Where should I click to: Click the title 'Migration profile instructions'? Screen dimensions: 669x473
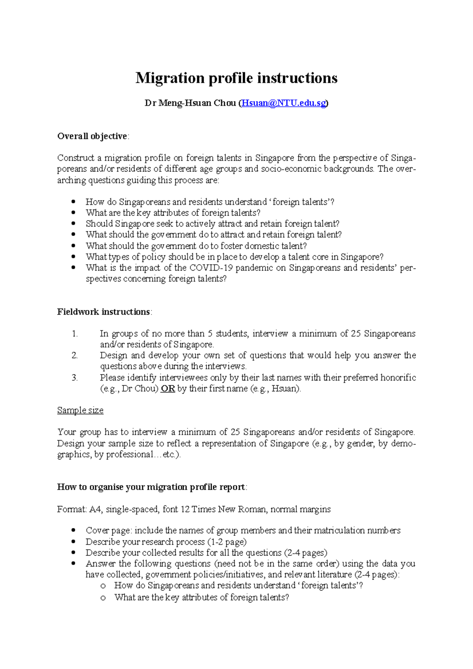(x=236, y=78)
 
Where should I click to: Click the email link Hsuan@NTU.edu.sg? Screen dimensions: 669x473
(x=283, y=103)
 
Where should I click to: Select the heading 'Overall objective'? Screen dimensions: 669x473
(x=92, y=136)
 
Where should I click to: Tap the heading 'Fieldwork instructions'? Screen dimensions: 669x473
(x=103, y=312)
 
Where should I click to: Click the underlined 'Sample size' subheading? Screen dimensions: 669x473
(x=80, y=411)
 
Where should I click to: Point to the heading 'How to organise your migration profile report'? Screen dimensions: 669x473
(x=151, y=487)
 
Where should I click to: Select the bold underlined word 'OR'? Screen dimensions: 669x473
(x=168, y=388)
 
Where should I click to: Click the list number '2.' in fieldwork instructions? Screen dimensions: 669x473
(x=75, y=355)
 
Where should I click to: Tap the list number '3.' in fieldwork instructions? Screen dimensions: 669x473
(x=75, y=377)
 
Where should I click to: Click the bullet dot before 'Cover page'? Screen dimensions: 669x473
(x=73, y=531)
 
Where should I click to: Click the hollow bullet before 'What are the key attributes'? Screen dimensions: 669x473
(x=103, y=598)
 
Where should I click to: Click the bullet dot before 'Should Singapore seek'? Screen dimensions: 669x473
(x=73, y=224)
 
